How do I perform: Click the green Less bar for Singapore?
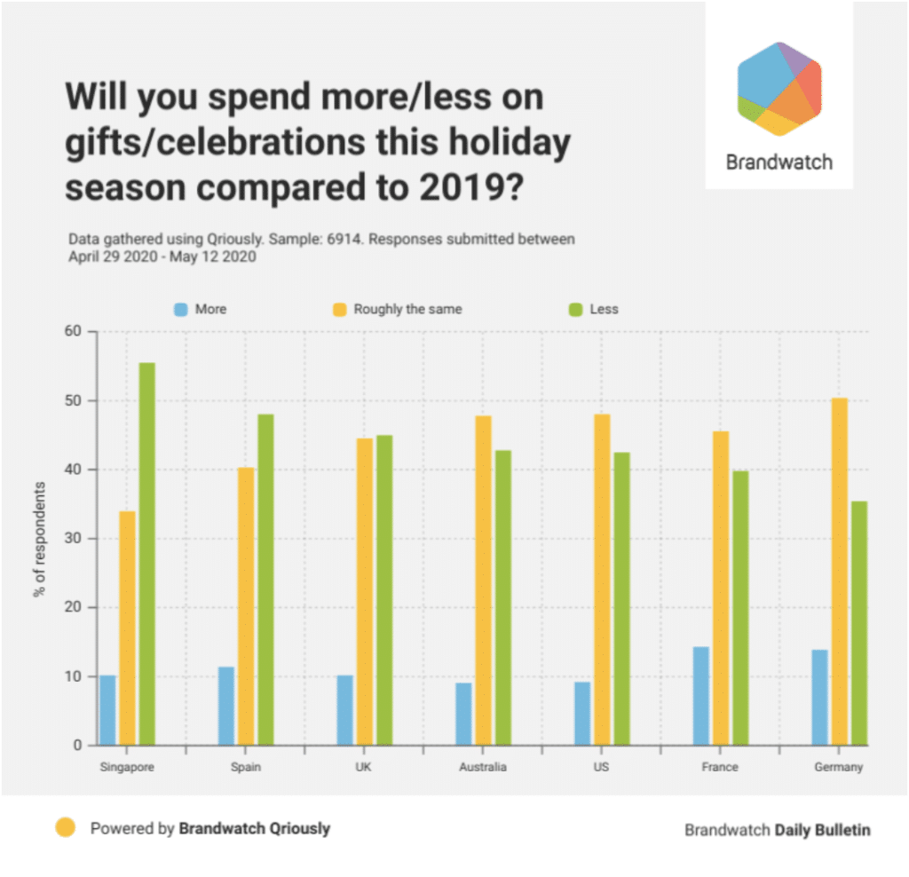(x=147, y=554)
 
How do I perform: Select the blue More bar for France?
(x=701, y=696)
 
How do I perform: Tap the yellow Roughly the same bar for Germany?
(x=840, y=572)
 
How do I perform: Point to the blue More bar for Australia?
(x=463, y=714)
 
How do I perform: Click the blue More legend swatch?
(x=180, y=310)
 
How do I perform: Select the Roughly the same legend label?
(x=407, y=310)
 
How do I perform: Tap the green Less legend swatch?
(x=573, y=310)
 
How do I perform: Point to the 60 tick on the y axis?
(x=72, y=332)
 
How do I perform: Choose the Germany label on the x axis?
(x=838, y=767)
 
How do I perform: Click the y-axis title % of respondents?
(x=39, y=539)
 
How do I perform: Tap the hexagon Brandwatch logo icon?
(x=779, y=89)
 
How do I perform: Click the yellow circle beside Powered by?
(x=65, y=828)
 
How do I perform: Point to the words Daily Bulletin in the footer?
(x=823, y=830)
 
